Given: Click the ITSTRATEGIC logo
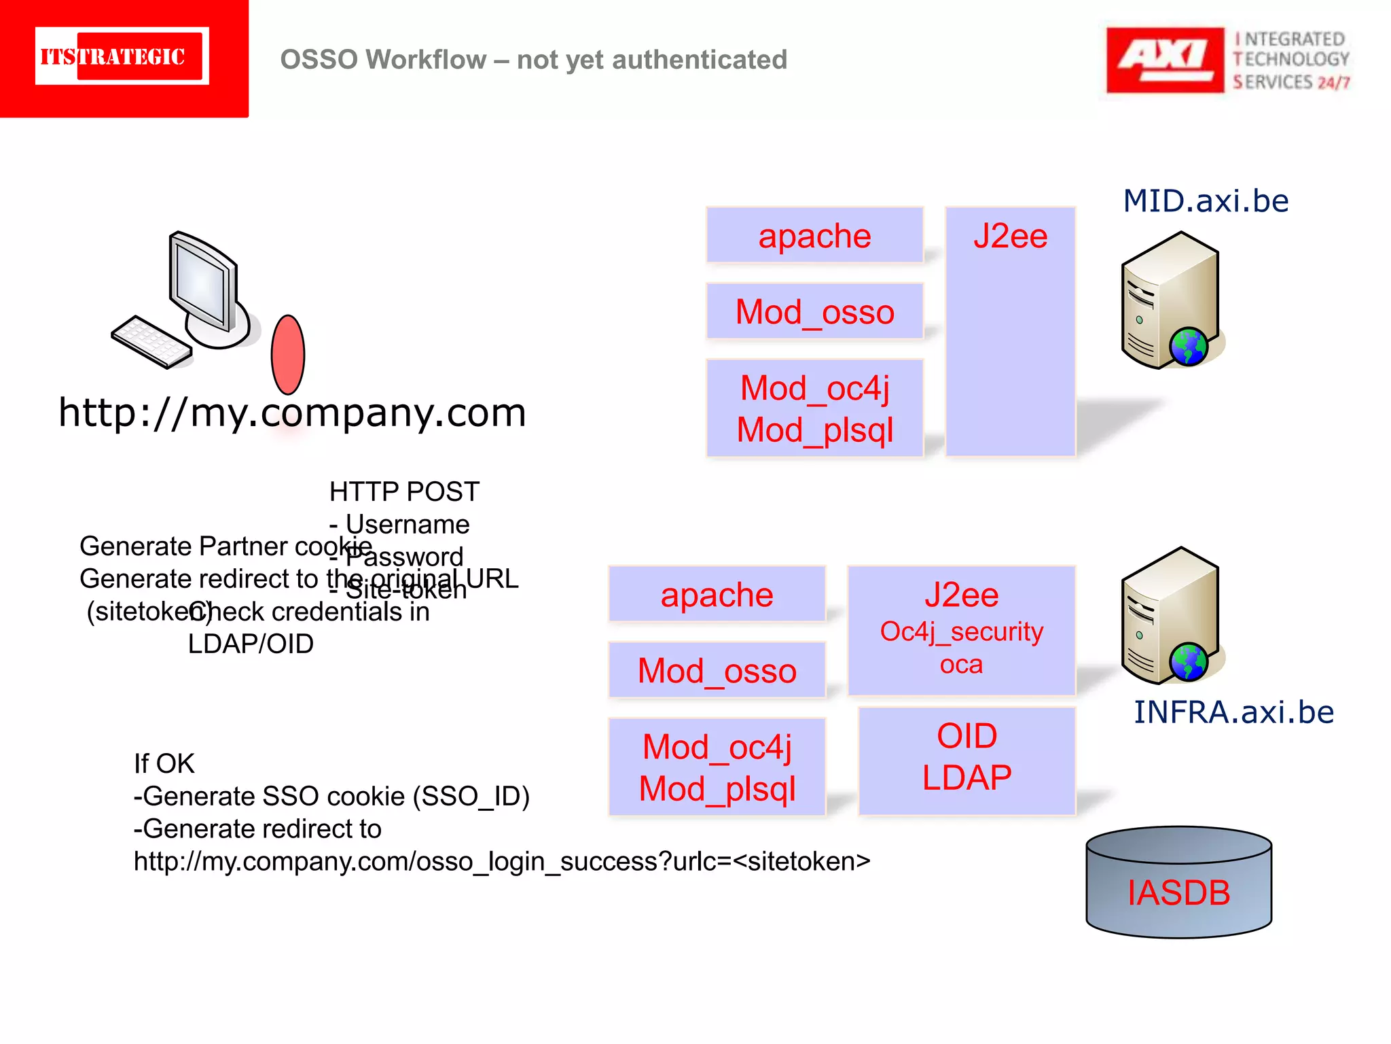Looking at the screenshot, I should click(122, 56).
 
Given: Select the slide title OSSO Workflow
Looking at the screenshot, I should click(533, 60).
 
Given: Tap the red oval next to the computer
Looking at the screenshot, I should click(288, 354).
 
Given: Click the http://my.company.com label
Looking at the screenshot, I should click(292, 413).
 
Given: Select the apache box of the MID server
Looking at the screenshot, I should click(814, 235).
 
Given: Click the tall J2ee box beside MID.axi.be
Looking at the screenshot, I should click(1010, 331).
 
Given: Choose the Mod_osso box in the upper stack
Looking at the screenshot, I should click(814, 312).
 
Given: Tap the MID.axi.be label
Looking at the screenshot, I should click(1206, 201).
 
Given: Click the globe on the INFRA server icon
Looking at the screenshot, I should click(1188, 662).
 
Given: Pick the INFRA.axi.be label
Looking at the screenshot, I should click(1233, 712).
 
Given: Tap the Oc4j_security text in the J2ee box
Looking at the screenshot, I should click(961, 632).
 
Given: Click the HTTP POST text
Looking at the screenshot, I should click(404, 491).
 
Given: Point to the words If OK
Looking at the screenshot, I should click(164, 764).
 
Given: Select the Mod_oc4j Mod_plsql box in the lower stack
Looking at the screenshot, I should click(717, 767).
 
